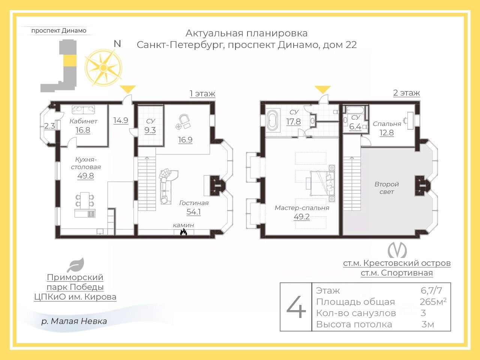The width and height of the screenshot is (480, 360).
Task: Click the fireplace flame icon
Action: pyautogui.click(x=183, y=232)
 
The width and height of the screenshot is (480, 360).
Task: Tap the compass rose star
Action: pyautogui.click(x=103, y=67)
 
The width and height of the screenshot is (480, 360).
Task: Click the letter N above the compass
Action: pyautogui.click(x=117, y=44)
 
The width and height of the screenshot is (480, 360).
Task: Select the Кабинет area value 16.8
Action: pyautogui.click(x=83, y=130)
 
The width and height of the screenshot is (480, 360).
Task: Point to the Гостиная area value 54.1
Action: pyautogui.click(x=193, y=212)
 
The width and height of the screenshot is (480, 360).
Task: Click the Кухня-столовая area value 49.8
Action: pyautogui.click(x=85, y=176)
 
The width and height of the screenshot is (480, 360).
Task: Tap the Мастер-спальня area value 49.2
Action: pyautogui.click(x=301, y=217)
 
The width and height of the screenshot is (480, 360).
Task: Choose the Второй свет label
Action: pyautogui.click(x=387, y=188)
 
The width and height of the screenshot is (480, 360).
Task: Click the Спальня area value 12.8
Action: pyautogui.click(x=387, y=133)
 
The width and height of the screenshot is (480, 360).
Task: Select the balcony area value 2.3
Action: pyautogui.click(x=49, y=126)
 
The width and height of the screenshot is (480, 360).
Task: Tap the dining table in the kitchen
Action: pyautogui.click(x=85, y=200)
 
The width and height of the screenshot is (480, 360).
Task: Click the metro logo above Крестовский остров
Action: pyautogui.click(x=397, y=250)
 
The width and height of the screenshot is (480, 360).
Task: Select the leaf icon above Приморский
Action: pyautogui.click(x=76, y=265)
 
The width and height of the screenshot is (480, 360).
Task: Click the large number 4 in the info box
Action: pyautogui.click(x=296, y=307)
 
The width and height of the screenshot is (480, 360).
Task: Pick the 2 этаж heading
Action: pyautogui.click(x=406, y=93)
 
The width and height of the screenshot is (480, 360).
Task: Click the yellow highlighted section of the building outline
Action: pyautogui.click(x=70, y=60)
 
